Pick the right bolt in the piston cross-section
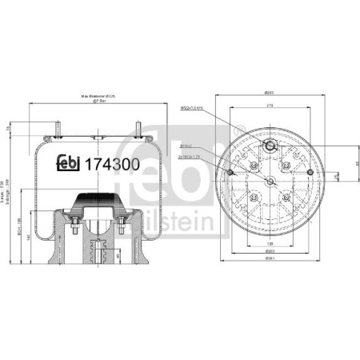121,232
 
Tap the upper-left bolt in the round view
254,165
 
